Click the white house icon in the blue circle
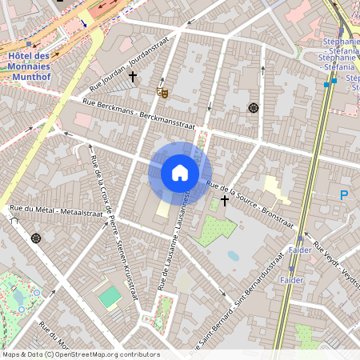coord(180,173)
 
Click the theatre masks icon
coord(162,93)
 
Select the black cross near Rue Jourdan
coord(133,77)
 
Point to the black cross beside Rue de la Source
coord(225,200)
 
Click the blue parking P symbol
coord(344,194)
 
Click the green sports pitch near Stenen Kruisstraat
coord(110,297)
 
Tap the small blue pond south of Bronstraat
coord(233,257)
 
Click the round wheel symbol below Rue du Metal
coord(35,238)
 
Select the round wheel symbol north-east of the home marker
coord(254,108)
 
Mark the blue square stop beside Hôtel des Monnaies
coord(29,44)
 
